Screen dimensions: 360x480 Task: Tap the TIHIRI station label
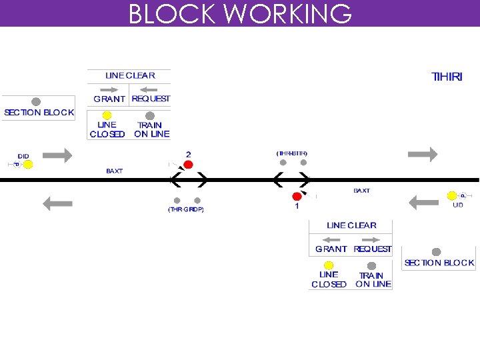point(447,77)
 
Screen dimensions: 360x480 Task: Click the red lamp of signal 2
point(188,164)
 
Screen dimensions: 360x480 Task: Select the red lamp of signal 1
point(296,196)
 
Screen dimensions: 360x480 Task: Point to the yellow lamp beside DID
point(28,164)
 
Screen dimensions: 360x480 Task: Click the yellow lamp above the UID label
point(452,195)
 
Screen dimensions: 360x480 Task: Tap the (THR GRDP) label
point(185,209)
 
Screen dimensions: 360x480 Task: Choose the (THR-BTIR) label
point(292,153)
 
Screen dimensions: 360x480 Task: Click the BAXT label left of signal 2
point(115,171)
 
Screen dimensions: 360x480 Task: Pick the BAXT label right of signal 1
point(361,191)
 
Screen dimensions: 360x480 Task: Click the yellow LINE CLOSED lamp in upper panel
point(107,115)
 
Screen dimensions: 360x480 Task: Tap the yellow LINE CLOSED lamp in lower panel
point(329,265)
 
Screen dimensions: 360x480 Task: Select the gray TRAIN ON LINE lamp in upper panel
point(150,115)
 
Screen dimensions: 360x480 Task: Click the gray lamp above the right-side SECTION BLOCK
point(436,252)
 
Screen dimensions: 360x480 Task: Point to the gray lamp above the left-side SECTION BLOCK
point(36,102)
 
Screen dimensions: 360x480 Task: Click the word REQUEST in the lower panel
point(373,249)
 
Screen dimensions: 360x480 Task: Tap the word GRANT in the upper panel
point(109,99)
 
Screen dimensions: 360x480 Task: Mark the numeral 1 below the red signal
point(297,207)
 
